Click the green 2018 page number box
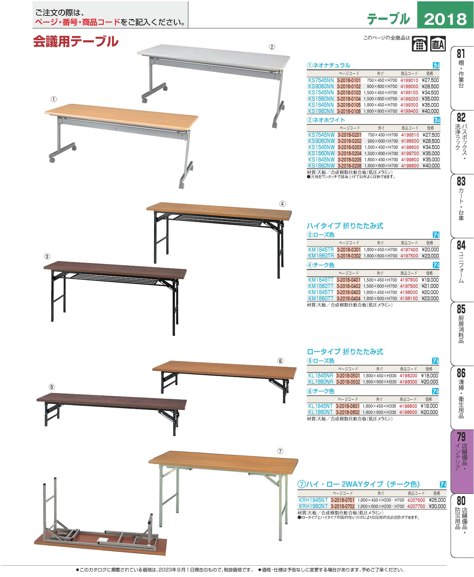point(445,15)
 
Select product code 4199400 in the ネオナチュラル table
point(409,111)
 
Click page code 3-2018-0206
point(349,166)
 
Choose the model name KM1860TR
point(321,256)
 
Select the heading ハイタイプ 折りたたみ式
point(345,226)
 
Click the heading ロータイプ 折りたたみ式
point(345,352)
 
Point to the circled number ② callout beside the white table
point(272,47)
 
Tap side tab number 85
point(461,309)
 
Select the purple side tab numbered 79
point(461,437)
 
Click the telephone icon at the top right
point(419,44)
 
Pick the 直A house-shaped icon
point(438,44)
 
